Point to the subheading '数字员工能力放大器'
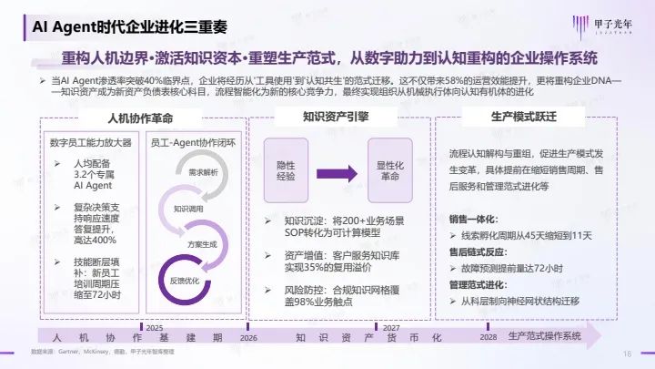pyautogui.click(x=91, y=143)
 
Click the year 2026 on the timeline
pyautogui.click(x=247, y=337)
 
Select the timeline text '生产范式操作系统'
pyautogui.click(x=544, y=336)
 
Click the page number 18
pyautogui.click(x=627, y=354)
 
